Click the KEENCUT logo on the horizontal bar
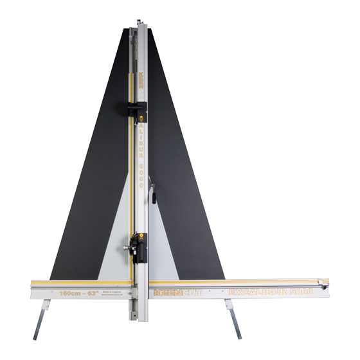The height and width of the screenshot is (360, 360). point(177,293)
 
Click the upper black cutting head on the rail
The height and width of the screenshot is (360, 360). point(136,111)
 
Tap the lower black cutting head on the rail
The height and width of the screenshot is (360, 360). point(137,248)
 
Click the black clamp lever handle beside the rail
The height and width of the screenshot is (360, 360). point(153,194)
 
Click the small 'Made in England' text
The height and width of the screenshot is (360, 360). point(121,291)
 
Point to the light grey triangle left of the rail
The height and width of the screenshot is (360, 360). point(116,244)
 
